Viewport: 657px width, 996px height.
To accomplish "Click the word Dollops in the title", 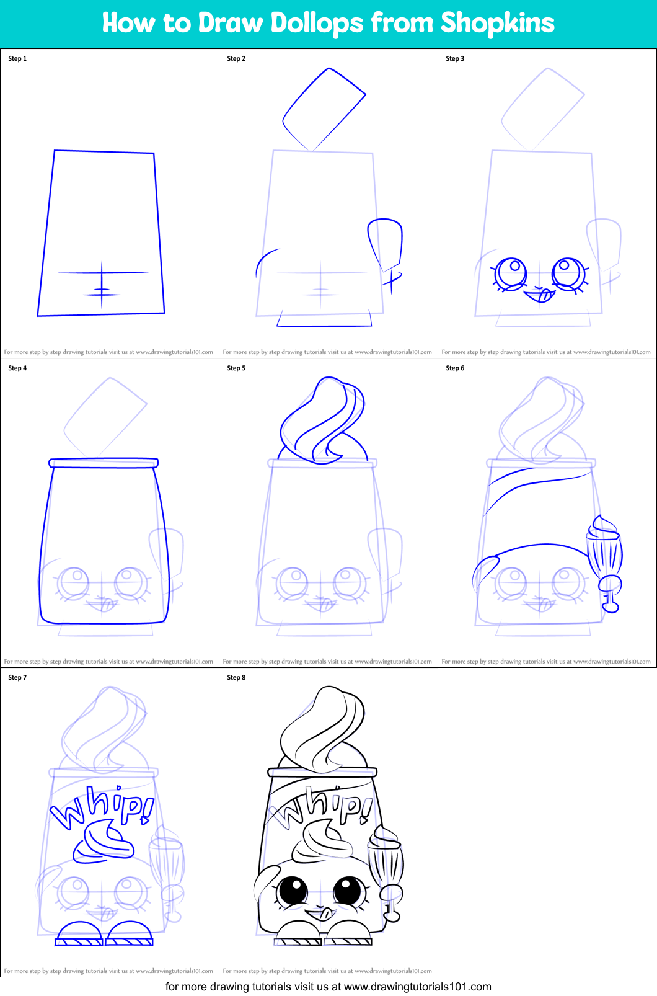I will pyautogui.click(x=317, y=24).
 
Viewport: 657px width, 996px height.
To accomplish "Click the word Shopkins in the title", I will pyautogui.click(x=497, y=23).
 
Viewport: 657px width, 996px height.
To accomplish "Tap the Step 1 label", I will pyautogui.click(x=17, y=58).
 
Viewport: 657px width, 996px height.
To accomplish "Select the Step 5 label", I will pyautogui.click(x=236, y=368).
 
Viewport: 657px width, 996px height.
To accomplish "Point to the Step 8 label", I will pyautogui.click(x=236, y=677).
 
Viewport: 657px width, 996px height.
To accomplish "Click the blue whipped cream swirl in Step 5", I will pyautogui.click(x=322, y=422).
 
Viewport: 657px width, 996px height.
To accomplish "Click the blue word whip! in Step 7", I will pyautogui.click(x=103, y=806).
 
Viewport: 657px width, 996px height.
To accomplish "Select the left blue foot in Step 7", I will pyautogui.click(x=79, y=934).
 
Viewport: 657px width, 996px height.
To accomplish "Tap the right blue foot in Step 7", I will pyautogui.click(x=130, y=934).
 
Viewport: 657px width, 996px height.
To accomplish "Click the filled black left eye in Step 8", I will pyautogui.click(x=293, y=892).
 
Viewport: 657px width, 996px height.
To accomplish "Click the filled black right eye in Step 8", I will pyautogui.click(x=349, y=891).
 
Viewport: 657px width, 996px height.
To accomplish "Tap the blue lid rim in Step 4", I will pyautogui.click(x=104, y=463).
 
